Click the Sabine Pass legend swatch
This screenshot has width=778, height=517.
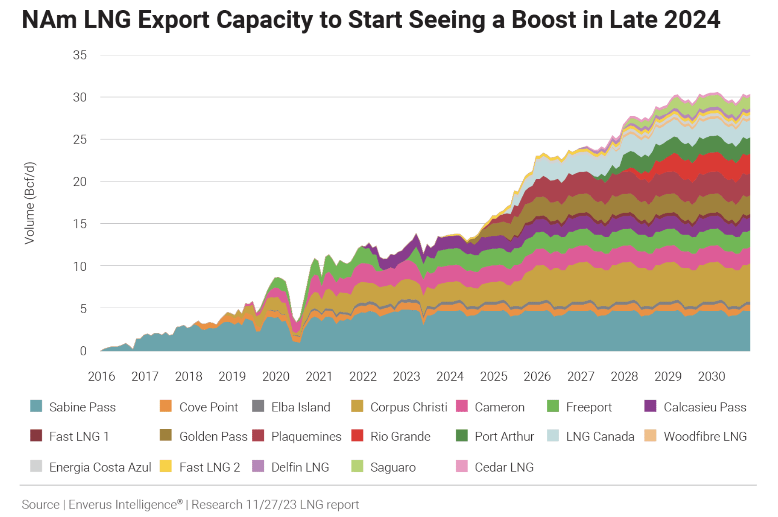[x=36, y=406]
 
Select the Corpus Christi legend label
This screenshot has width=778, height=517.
[x=409, y=407]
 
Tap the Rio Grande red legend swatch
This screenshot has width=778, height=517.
[x=357, y=436]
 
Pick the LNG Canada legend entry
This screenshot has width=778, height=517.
[x=600, y=436]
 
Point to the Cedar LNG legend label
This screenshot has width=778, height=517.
[x=504, y=467]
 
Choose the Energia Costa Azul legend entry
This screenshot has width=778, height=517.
[x=100, y=467]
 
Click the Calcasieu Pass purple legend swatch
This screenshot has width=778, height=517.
[x=650, y=406]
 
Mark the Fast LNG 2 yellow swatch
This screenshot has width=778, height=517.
[x=166, y=466]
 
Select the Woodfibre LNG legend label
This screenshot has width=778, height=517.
[x=705, y=436]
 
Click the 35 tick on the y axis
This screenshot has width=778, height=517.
[x=80, y=55]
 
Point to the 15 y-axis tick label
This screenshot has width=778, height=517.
[x=80, y=224]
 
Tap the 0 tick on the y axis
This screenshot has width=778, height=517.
[x=83, y=351]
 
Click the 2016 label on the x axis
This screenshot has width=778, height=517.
[x=101, y=377]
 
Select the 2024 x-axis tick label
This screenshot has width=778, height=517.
[x=450, y=377]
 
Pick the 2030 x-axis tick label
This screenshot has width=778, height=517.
[x=712, y=377]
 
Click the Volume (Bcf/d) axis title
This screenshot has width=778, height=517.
[x=29, y=203]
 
